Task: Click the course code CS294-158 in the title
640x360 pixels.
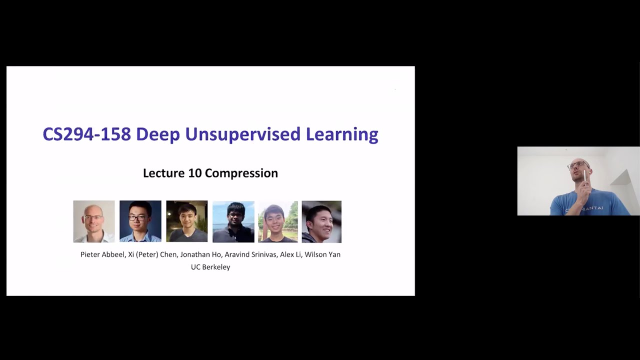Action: point(86,134)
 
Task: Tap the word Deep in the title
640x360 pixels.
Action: point(157,134)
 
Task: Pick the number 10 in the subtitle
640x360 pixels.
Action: point(194,173)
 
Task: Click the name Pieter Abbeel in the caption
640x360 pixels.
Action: point(102,254)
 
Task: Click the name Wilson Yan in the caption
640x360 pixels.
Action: point(323,254)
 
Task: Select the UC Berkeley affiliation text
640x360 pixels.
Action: point(210,267)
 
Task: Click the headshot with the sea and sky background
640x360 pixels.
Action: point(233,221)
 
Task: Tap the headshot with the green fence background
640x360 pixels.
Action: point(277,221)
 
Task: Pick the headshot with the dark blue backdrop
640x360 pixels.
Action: point(140,221)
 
